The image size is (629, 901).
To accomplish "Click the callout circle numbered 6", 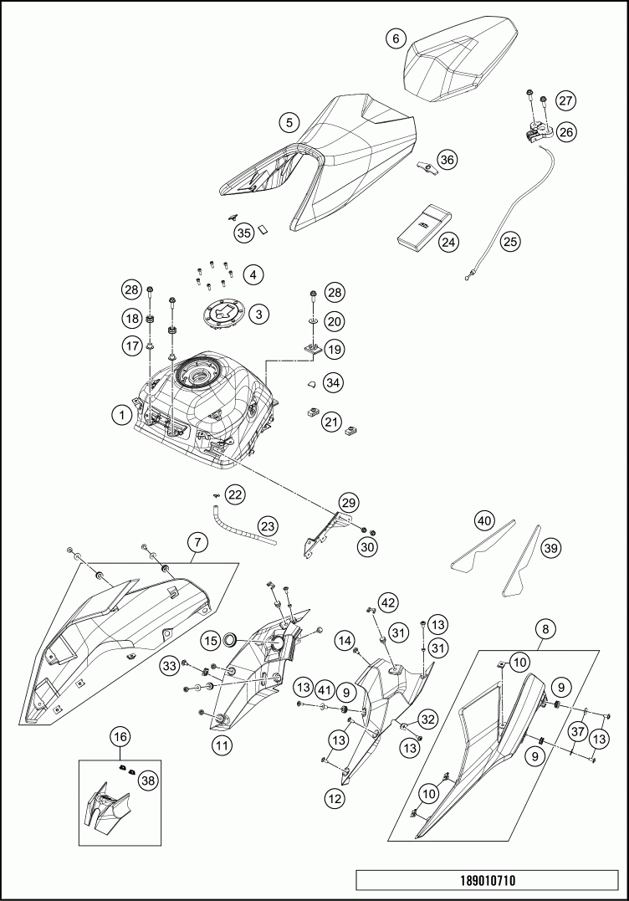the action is point(396,38).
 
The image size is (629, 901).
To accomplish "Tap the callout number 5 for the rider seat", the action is point(289,122).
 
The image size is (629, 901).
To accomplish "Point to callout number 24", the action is point(449,242).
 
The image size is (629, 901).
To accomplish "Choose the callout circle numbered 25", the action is point(510,242).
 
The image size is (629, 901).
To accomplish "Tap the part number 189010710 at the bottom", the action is point(487,881).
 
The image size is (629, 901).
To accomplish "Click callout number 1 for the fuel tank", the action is point(122,412).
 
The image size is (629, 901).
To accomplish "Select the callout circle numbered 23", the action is point(267,526).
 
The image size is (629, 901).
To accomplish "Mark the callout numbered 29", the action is point(349,502).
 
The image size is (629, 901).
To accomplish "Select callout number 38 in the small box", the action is point(148,781).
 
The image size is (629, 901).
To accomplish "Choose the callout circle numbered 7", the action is point(197,543).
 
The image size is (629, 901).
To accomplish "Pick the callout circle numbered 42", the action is point(387,602).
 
